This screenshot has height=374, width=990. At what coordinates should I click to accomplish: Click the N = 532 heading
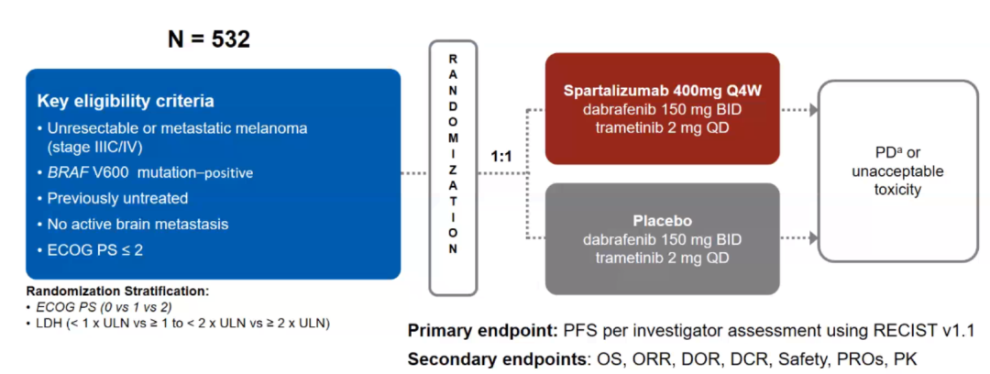208,39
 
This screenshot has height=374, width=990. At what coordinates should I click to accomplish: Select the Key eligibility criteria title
126,101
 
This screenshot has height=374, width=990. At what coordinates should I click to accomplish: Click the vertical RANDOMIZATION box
453,168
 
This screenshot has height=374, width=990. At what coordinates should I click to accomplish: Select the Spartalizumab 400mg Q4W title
663,90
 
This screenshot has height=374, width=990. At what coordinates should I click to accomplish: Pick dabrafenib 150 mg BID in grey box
663,240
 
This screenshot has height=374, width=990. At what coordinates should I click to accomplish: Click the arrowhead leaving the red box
814,110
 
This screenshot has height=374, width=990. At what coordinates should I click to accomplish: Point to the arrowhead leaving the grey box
814,239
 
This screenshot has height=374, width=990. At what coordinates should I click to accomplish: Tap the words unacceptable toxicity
897,181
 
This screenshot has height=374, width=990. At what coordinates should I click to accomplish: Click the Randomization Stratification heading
117,291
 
